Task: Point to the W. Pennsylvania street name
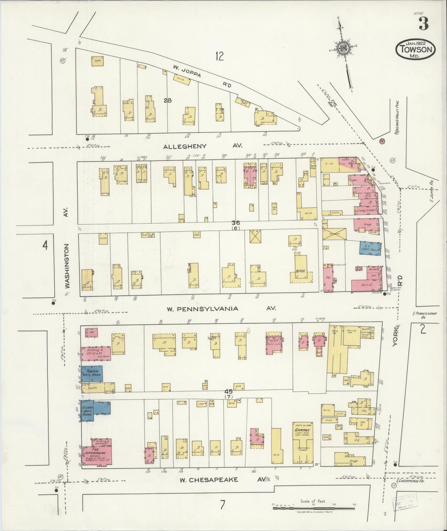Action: (x=202, y=309)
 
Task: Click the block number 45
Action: (x=229, y=391)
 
